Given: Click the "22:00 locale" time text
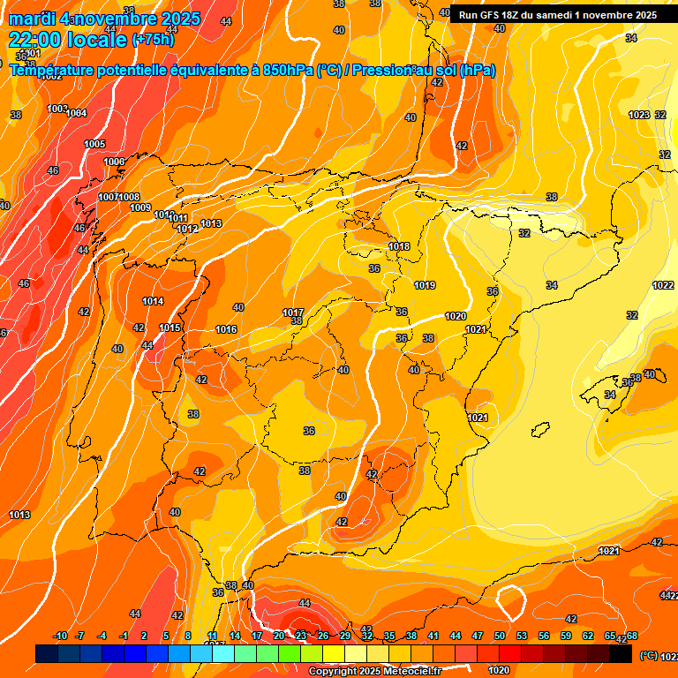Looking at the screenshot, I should pos(67,40).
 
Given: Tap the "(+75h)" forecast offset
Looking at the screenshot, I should pos(153,40).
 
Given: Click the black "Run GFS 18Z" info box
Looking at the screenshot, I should pos(557,15).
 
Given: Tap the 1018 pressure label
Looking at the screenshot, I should pos(399,246).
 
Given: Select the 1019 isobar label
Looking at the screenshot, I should pos(425,285).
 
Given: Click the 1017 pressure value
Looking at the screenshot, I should pos(293,313).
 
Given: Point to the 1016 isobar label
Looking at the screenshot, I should pos(226,329).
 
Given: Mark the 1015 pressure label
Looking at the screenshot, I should pos(170,328).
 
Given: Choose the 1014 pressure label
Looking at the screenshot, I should pos(153,301).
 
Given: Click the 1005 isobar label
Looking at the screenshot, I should pos(94,144).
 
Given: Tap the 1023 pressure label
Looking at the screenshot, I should pos(638,115).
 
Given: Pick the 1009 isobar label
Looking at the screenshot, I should pos(140,207).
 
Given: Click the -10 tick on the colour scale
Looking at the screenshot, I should pos(61,636).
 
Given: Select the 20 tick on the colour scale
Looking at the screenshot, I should pos(279,636).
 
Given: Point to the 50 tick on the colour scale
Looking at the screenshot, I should pos(500,636).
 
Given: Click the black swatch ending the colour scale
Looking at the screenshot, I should pos(621,654).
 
